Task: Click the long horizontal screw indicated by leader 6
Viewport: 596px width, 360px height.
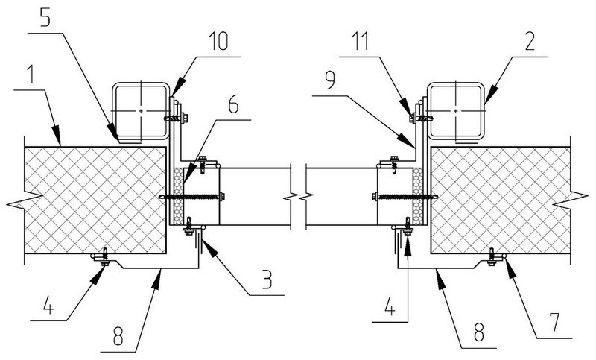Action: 192,197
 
